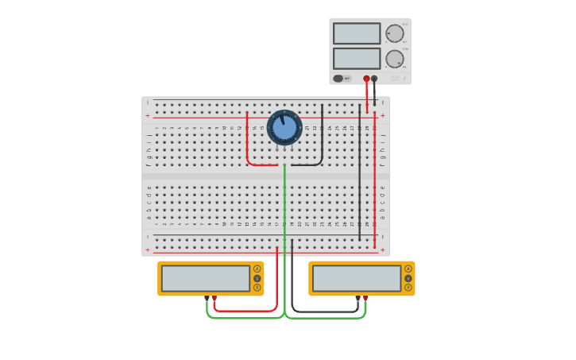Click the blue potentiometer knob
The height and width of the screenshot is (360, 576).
pyautogui.click(x=284, y=127)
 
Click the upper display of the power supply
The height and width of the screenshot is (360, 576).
pyautogui.click(x=357, y=33)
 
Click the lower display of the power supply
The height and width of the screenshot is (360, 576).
pyautogui.click(x=357, y=58)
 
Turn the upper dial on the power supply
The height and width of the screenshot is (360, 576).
pyautogui.click(x=394, y=33)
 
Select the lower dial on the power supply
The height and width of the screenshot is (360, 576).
pyautogui.click(x=394, y=59)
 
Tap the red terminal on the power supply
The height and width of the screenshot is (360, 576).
pyautogui.click(x=366, y=79)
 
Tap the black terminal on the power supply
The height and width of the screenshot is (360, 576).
pyautogui.click(x=374, y=79)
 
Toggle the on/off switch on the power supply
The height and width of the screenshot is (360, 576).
pyautogui.click(x=339, y=79)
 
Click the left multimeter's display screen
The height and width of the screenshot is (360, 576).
pyautogui.click(x=206, y=278)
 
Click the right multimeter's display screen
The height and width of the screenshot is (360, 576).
pyautogui.click(x=357, y=278)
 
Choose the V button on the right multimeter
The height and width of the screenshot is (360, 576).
pyautogui.click(x=408, y=278)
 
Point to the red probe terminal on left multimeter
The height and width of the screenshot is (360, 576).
pyautogui.click(x=214, y=298)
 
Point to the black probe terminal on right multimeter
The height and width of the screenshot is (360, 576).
pyautogui.click(x=358, y=298)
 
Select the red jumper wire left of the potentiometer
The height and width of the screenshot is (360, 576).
pyautogui.click(x=247, y=147)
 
